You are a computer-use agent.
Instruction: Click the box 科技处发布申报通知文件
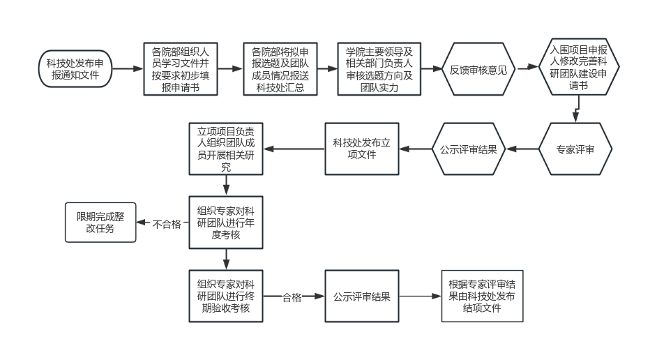pos(75,68)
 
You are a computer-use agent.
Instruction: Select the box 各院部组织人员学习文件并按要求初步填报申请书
pos(181,69)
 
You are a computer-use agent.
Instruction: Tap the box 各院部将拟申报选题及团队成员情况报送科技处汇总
pos(280,69)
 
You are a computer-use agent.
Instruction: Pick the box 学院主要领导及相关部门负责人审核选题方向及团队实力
pos(379,69)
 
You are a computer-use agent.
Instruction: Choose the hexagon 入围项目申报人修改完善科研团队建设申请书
pos(578,69)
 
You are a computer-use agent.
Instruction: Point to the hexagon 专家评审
pos(575,149)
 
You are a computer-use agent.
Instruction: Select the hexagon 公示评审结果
pos(468,149)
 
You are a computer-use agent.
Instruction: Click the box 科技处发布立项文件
pos(362,149)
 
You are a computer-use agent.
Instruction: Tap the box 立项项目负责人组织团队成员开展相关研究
pos(226,149)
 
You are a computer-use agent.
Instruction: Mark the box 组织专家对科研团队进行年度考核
pos(226,223)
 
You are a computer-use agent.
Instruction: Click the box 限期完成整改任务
pos(100,223)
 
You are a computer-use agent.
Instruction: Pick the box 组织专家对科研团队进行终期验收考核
pos(226,296)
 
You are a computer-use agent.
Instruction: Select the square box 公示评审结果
pos(362,296)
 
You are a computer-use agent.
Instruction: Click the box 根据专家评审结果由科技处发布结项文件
pos(482,296)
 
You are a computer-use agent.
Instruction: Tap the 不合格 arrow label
pos(167,224)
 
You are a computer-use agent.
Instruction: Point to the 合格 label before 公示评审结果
pos(292,297)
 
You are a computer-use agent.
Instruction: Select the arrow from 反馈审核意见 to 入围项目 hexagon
pos(528,69)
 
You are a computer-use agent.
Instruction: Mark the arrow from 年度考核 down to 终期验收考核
pos(226,259)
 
